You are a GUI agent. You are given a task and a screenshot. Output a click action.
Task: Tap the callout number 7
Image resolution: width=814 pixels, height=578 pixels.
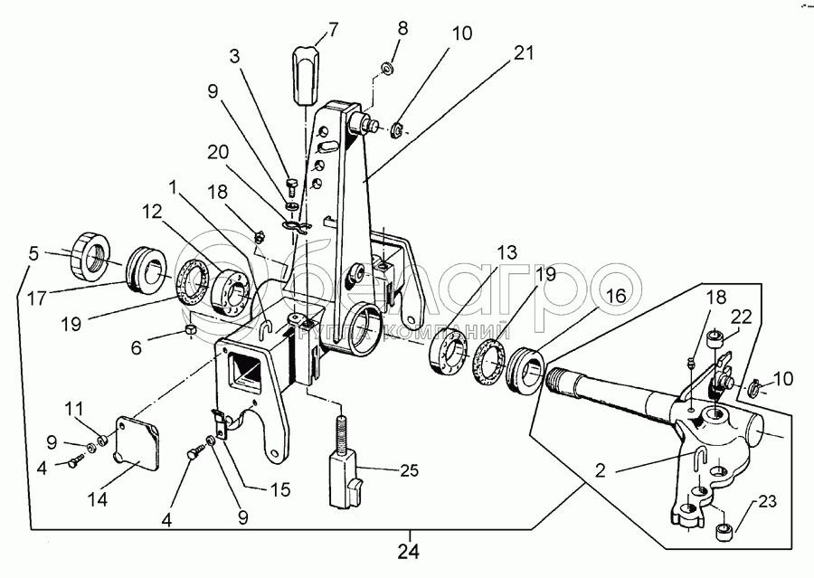(x=334, y=29)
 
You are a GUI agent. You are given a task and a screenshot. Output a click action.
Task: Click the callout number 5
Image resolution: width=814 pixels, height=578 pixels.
(x=33, y=254)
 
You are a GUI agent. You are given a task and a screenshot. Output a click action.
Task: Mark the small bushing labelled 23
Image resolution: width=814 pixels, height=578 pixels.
(x=723, y=530)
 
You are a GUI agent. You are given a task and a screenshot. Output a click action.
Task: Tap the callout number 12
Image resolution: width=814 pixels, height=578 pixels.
(x=152, y=212)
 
